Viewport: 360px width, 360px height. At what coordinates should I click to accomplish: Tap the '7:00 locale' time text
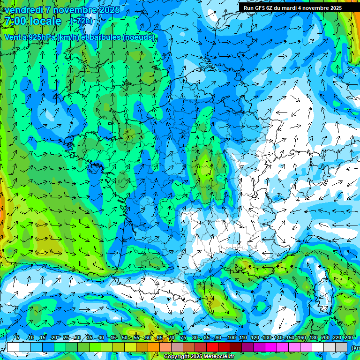click(32, 21)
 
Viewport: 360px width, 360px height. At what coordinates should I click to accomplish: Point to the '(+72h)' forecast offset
click(82, 21)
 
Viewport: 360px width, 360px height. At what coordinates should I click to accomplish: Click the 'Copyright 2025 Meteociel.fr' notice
click(199, 357)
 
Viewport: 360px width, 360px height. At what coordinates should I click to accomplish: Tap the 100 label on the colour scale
click(231, 338)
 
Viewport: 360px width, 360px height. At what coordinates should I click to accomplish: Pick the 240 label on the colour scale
click(349, 338)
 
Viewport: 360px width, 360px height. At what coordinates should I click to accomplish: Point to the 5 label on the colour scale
click(18, 338)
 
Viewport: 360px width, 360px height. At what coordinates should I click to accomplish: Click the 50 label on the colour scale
click(124, 338)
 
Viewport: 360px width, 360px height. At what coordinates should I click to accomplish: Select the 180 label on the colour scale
click(313, 338)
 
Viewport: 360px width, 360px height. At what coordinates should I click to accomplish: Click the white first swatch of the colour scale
click(13, 347)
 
